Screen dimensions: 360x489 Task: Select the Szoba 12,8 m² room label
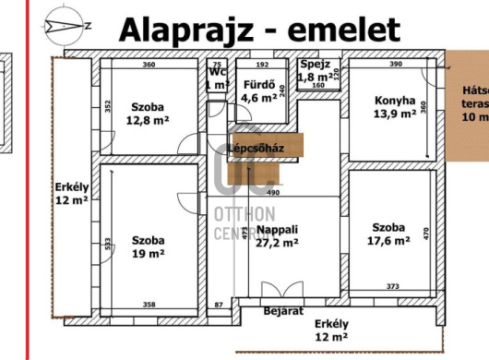point(148,112)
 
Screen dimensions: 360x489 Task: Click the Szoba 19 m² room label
point(148,244)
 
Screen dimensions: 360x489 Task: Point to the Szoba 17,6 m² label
point(388,236)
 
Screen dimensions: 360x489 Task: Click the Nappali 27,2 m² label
point(278,235)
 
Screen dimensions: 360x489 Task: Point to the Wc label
point(218,71)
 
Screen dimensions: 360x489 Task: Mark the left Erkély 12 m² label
point(70,192)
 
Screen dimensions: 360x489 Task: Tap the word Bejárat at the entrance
point(283,311)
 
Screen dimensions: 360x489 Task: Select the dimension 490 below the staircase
point(272,193)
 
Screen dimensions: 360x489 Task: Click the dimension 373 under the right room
point(392,287)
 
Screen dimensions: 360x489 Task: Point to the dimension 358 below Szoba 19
point(149,304)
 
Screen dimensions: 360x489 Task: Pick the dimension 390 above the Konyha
point(396,65)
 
